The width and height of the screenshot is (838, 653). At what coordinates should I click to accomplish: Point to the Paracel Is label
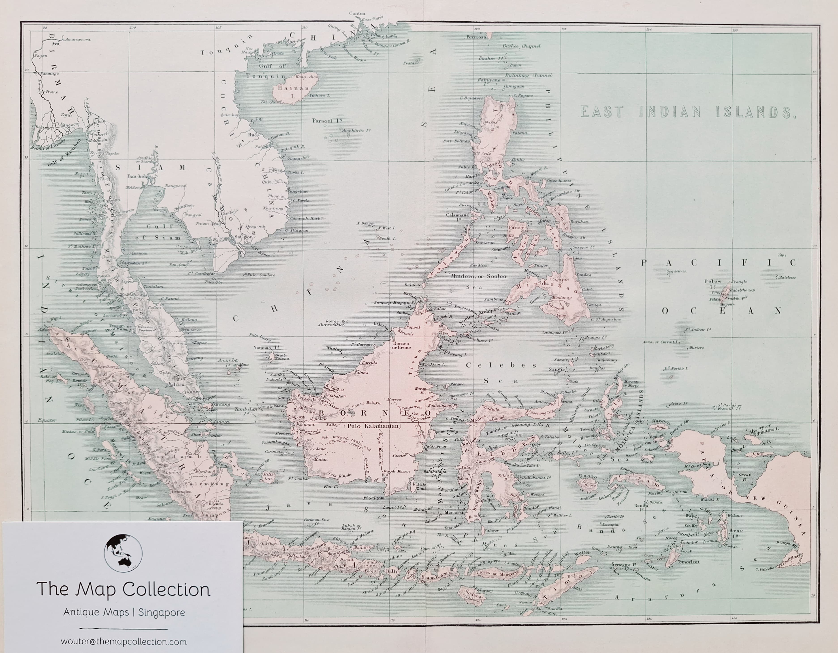point(327,120)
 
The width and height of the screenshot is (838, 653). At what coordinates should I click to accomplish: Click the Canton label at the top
point(357,13)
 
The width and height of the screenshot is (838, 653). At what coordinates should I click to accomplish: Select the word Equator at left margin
point(47,420)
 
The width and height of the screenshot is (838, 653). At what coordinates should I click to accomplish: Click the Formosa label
point(476,37)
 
